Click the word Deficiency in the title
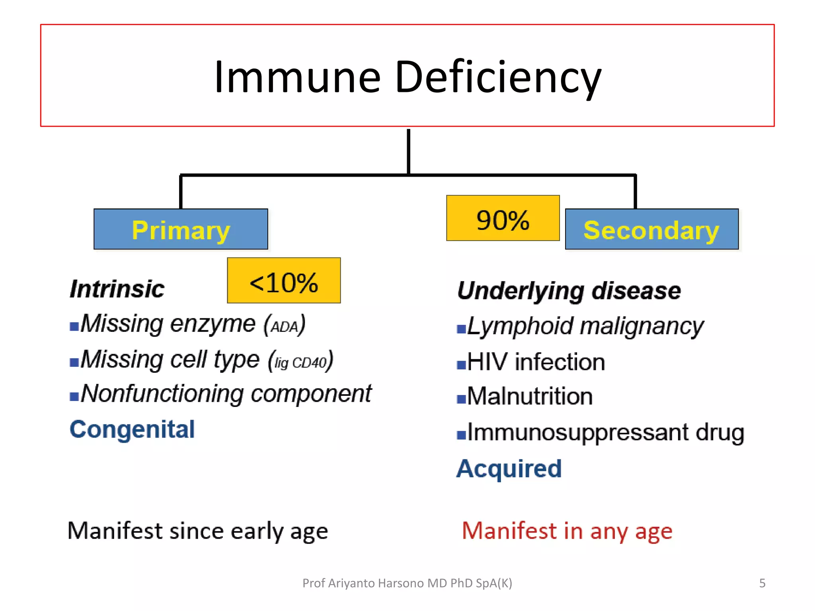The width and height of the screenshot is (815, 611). click(497, 78)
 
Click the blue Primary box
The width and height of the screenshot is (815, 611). click(181, 230)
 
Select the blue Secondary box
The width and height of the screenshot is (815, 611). click(651, 230)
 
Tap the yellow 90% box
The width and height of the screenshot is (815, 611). click(503, 218)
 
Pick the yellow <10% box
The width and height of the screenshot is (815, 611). click(284, 281)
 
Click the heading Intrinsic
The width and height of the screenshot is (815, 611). click(117, 288)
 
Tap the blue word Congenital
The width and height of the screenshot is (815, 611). click(132, 429)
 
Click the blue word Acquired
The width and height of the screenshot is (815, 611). click(509, 468)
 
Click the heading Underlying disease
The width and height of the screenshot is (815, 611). click(569, 290)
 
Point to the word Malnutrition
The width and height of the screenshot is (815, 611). click(530, 396)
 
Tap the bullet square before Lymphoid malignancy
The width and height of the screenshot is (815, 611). click(461, 329)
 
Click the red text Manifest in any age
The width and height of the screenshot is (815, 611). click(567, 531)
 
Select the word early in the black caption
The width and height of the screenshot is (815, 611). click(257, 531)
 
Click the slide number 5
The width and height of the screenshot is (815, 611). click(762, 583)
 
